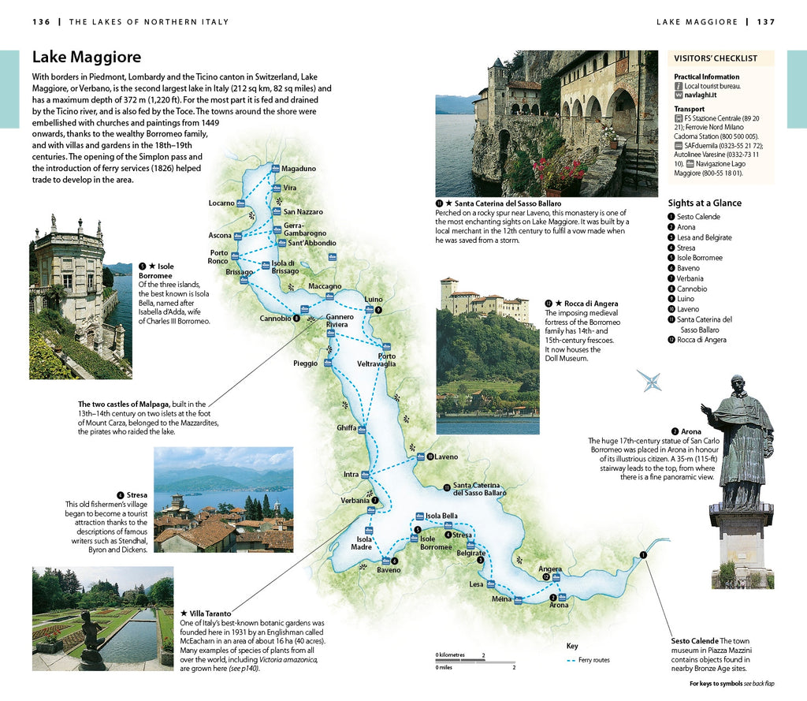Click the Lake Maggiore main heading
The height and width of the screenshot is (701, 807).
87,57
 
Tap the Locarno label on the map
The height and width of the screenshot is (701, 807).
221,203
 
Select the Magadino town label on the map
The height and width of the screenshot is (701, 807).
299,169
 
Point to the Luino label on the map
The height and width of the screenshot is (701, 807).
373,300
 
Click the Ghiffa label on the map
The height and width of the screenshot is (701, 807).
347,427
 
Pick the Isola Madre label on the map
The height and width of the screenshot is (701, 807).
362,543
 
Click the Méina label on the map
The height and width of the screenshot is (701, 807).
501,599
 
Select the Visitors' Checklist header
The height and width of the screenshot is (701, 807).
716,58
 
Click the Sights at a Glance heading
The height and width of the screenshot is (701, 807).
705,203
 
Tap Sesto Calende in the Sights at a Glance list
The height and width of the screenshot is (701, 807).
698,217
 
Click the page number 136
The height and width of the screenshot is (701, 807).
42,22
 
